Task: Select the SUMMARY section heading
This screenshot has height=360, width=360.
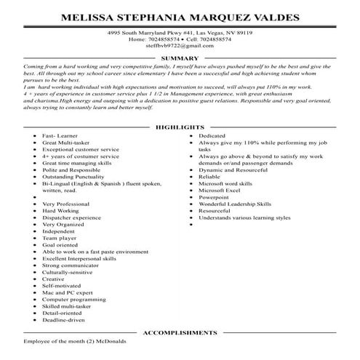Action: tap(179, 57)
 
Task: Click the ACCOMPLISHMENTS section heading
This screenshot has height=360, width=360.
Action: tap(180, 332)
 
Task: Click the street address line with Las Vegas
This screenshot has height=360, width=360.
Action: tap(180, 33)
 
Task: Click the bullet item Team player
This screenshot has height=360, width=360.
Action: tap(60, 238)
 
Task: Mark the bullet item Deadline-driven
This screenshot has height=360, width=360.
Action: tap(66, 319)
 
